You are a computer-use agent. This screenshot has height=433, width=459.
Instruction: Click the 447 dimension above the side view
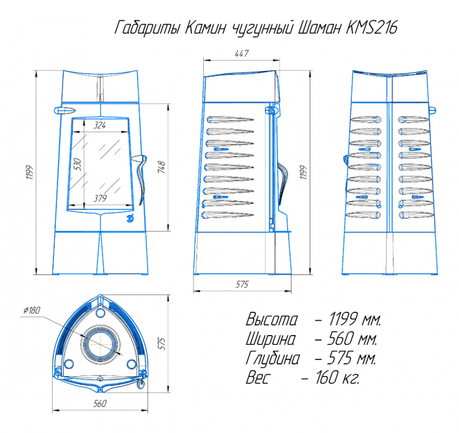click(242, 54)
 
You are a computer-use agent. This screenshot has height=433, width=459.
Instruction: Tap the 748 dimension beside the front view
click(162, 167)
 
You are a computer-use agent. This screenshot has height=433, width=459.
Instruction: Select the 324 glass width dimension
click(100, 126)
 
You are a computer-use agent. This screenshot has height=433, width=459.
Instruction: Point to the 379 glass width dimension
click(100, 198)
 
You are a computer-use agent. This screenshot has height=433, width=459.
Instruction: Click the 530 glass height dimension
click(77, 164)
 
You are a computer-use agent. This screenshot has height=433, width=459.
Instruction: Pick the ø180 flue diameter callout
click(32, 311)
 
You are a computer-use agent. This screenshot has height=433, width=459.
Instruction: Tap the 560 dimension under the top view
click(100, 404)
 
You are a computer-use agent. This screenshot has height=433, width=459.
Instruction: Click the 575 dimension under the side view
click(242, 284)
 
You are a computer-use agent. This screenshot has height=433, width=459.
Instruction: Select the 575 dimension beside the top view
click(162, 344)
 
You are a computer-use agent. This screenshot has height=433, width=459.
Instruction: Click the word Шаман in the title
click(319, 28)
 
